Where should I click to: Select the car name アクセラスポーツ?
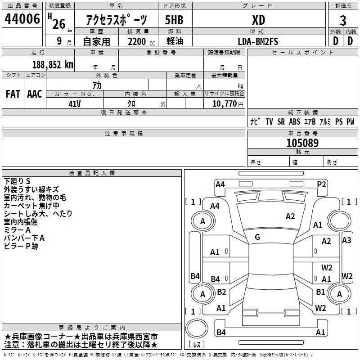(117, 20)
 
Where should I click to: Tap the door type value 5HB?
(174, 20)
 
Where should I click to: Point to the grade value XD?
(258, 20)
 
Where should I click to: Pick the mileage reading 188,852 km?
(53, 64)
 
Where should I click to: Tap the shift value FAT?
(13, 94)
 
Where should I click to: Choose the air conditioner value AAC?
(34, 94)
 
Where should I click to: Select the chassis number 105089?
(302, 143)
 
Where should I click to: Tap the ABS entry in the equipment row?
(294, 122)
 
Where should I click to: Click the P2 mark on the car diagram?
(321, 184)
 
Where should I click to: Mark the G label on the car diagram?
(257, 237)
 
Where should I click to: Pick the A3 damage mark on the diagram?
(346, 240)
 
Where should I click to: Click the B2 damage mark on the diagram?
(221, 292)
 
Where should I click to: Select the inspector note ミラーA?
(18, 229)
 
